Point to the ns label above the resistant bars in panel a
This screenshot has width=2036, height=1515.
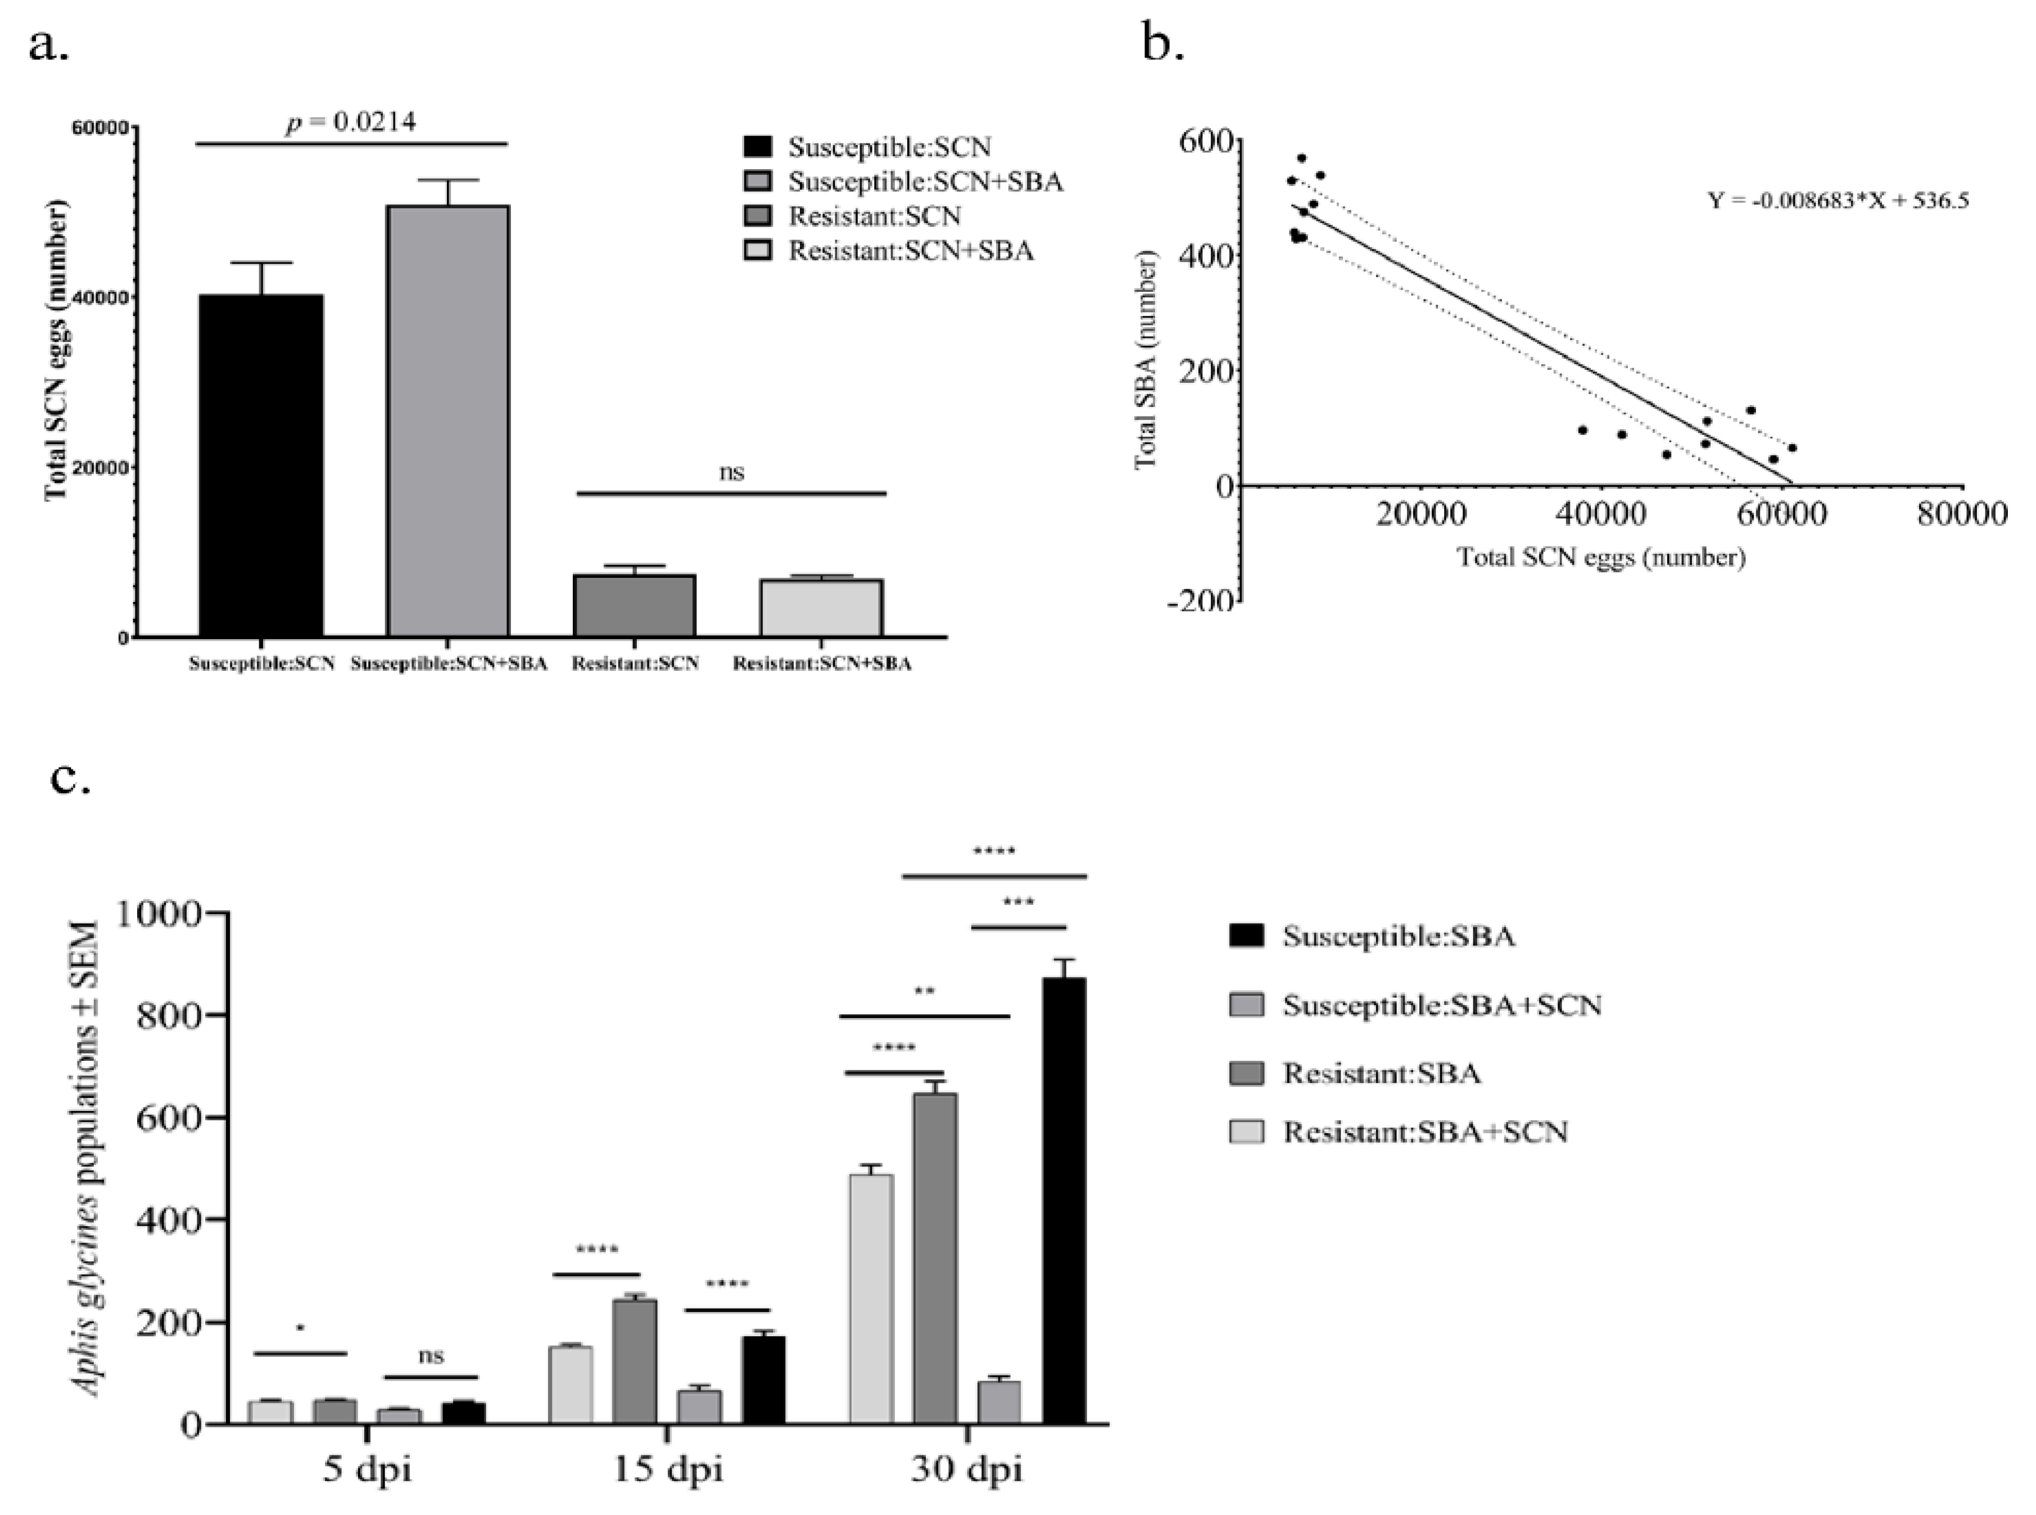pos(731,472)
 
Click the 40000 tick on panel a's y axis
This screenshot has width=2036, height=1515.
pos(103,297)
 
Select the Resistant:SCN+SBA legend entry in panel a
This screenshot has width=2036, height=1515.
pos(910,250)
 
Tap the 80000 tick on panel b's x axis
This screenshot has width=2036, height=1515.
pos(1961,514)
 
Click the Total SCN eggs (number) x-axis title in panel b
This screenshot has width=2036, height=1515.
pos(1601,557)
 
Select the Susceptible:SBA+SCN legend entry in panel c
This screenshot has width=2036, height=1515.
pos(1441,1005)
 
